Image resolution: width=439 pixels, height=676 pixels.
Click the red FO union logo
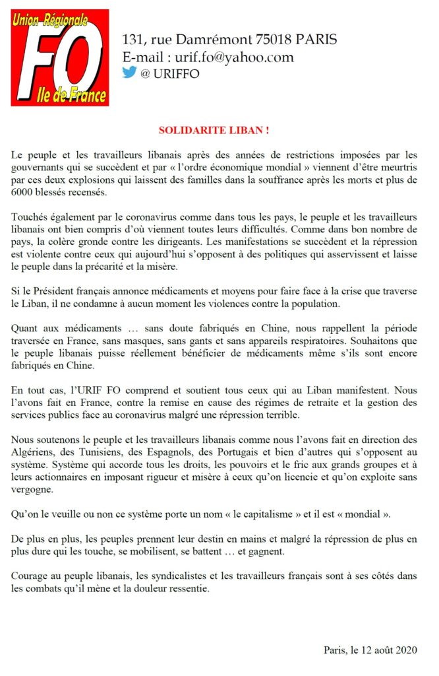[x=60, y=57]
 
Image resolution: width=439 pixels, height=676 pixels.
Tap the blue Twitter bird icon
[x=129, y=73]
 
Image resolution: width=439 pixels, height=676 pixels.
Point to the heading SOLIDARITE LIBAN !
[x=214, y=131]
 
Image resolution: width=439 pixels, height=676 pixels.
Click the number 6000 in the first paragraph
[x=24, y=192]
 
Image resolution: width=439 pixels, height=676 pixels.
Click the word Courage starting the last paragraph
[x=32, y=575]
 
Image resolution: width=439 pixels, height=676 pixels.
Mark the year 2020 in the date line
[x=406, y=650]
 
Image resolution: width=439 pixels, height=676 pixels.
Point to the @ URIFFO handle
[x=169, y=73]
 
